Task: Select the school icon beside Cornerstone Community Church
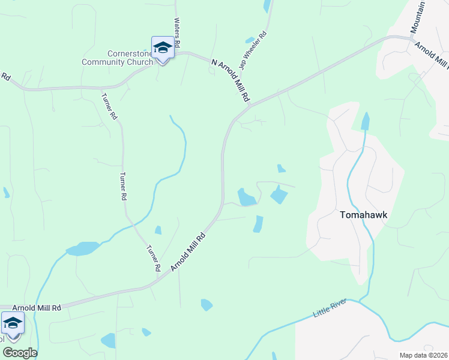click(163, 47)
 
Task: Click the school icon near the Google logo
click(13, 324)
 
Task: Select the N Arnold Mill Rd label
click(231, 80)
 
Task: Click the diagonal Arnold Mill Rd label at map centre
click(188, 252)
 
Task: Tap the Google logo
click(20, 353)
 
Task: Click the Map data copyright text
click(423, 355)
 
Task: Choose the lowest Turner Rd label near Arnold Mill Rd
click(153, 258)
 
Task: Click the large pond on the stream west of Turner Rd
click(83, 248)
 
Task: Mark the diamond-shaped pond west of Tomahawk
click(279, 195)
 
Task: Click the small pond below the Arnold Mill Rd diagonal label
click(206, 305)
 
